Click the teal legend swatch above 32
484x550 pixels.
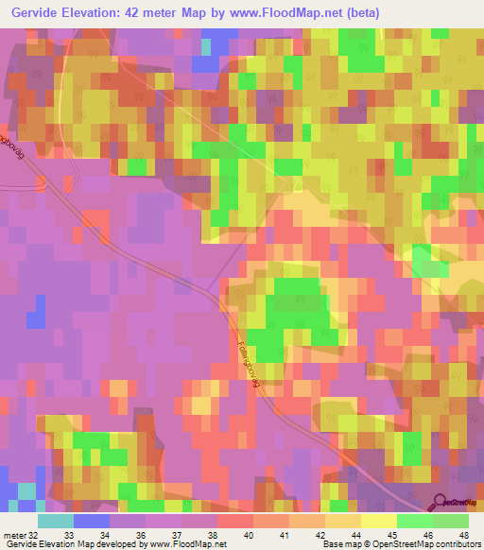point(55,521)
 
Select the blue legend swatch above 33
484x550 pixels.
point(91,521)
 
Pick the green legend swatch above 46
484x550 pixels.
point(416,521)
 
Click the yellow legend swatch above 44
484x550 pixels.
point(344,521)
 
